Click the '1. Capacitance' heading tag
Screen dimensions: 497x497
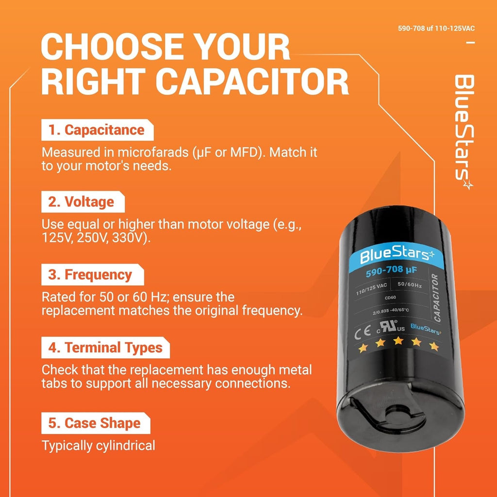pyautogui.click(x=97, y=130)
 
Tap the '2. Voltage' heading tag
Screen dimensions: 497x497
pyautogui.click(x=83, y=202)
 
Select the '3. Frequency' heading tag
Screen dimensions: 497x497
pyautogui.click(x=93, y=275)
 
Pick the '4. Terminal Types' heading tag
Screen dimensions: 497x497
pyautogui.click(x=105, y=348)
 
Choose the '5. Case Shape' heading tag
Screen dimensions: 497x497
pyautogui.click(x=96, y=423)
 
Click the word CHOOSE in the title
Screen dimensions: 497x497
pyautogui.click(x=113, y=47)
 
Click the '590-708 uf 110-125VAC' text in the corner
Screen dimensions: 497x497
pyautogui.click(x=436, y=29)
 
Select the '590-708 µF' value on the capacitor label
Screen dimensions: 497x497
pyautogui.click(x=391, y=271)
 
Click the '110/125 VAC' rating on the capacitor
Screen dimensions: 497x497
pyautogui.click(x=371, y=289)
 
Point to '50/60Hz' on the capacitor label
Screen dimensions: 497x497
pyautogui.click(x=410, y=284)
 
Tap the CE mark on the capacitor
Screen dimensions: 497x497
pyautogui.click(x=363, y=332)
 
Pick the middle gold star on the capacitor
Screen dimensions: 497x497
pyautogui.click(x=398, y=341)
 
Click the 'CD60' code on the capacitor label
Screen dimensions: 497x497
pyautogui.click(x=390, y=298)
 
